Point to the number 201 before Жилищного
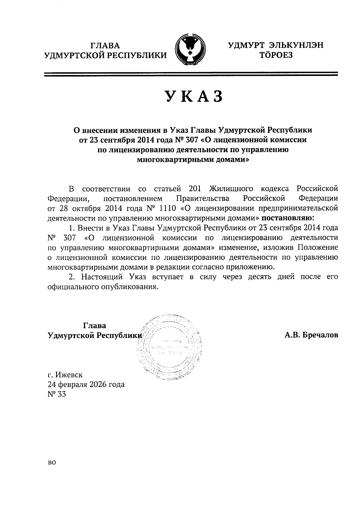click(197, 189)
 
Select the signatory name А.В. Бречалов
click(311, 335)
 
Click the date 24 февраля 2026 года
click(86, 384)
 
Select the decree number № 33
click(56, 394)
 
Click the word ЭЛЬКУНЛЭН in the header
click(296, 46)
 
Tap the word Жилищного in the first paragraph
click(230, 189)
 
